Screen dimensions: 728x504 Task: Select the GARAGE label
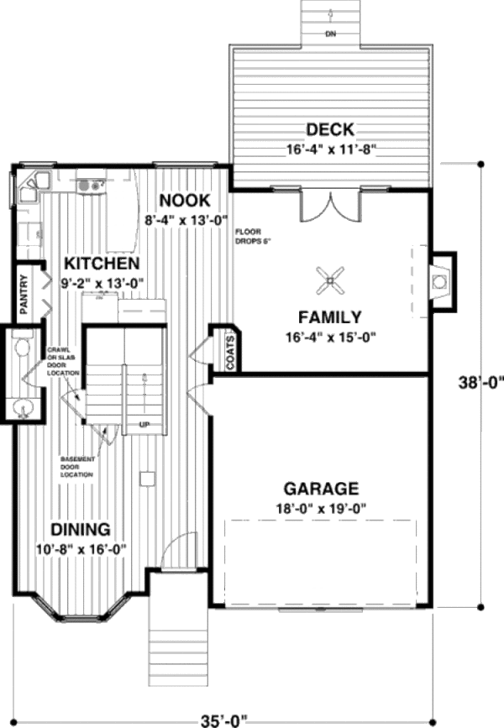click(x=321, y=489)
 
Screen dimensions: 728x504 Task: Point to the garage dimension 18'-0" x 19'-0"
click(x=321, y=508)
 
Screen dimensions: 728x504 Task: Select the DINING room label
click(x=81, y=530)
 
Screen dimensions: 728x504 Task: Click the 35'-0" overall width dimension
click(x=229, y=719)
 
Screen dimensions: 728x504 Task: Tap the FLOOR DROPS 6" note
click(x=253, y=236)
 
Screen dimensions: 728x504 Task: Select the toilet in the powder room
click(x=23, y=347)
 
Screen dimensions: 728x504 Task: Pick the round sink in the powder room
click(x=24, y=409)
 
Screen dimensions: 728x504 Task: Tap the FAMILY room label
click(x=329, y=317)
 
